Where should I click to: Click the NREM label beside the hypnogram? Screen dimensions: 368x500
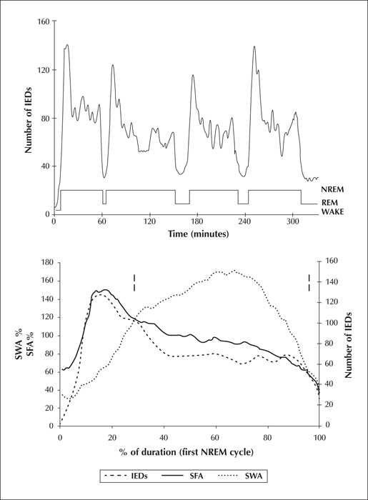pyautogui.click(x=332, y=189)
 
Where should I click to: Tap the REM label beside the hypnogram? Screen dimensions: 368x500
pyautogui.click(x=329, y=203)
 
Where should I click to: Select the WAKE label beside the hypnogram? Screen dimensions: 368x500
pyautogui.click(x=332, y=211)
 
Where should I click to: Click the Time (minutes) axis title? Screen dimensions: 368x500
pyautogui.click(x=199, y=234)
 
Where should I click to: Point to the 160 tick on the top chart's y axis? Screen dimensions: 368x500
pyautogui.click(x=44, y=21)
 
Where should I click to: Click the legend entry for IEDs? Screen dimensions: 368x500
pyautogui.click(x=126, y=476)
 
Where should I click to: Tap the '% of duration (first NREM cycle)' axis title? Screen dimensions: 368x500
pyautogui.click(x=187, y=452)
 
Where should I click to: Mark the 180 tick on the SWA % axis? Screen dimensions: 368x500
pyautogui.click(x=48, y=262)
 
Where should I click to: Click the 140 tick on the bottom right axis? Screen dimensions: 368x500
pyautogui.click(x=329, y=282)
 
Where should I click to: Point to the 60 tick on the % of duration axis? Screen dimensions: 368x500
pyautogui.click(x=216, y=437)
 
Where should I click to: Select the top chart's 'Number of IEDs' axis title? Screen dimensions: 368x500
pyautogui.click(x=29, y=119)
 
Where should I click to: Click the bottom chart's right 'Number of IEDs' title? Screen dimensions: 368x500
pyautogui.click(x=348, y=345)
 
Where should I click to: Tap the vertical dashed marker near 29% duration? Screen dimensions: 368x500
pyautogui.click(x=134, y=283)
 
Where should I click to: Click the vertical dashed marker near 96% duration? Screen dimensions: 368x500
pyautogui.click(x=309, y=283)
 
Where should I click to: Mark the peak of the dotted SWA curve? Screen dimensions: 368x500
pyautogui.click(x=234, y=271)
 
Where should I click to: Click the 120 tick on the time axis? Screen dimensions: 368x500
pyautogui.click(x=149, y=221)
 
